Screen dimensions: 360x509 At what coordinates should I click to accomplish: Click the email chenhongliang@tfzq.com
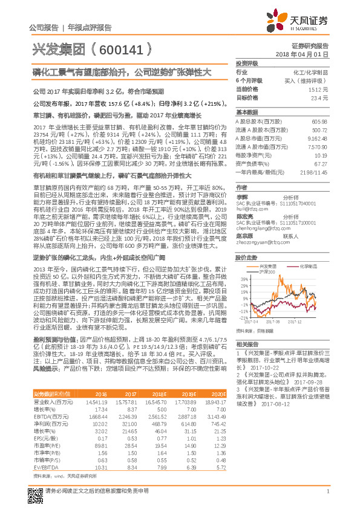(x=261, y=220)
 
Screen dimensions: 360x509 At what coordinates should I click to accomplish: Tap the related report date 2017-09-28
(x=309, y=382)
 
